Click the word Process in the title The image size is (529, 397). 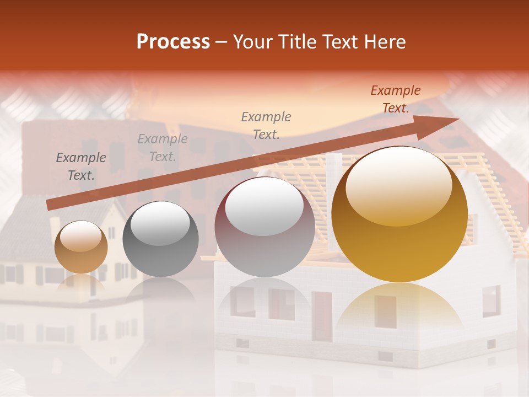(173, 42)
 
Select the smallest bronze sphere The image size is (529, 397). (81, 247)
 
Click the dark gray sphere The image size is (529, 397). (160, 239)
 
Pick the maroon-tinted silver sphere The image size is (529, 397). (264, 227)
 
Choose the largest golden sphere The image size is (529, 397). (400, 214)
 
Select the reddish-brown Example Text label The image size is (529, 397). (396, 99)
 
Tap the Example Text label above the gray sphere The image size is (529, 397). (163, 148)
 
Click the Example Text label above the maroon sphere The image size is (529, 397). (266, 126)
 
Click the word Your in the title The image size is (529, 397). (249, 42)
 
